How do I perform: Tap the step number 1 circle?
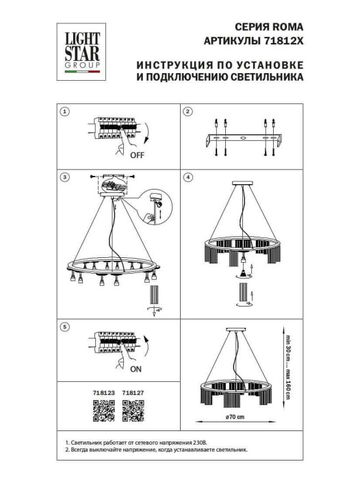[x=64, y=112]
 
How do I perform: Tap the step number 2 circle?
[x=189, y=112]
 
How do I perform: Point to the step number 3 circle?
[x=64, y=177]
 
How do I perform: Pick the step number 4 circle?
[x=189, y=177]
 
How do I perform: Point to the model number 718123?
[x=103, y=393]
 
